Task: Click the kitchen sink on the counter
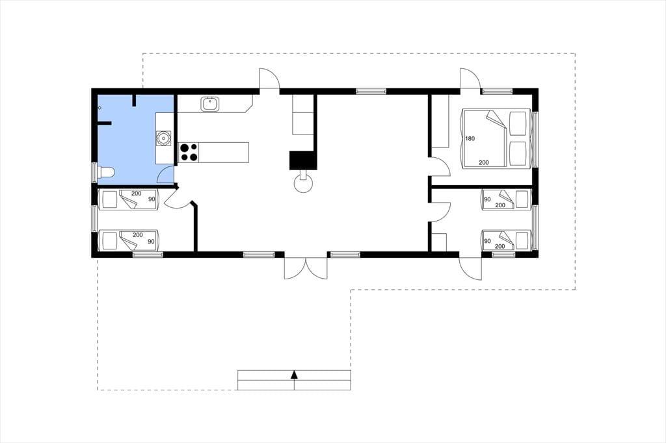[210, 104]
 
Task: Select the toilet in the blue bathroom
[106, 172]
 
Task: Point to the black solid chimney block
[303, 160]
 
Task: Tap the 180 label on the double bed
[470, 139]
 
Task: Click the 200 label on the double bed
[484, 162]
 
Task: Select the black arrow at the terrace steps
[294, 374]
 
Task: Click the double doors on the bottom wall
[306, 268]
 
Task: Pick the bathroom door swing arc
[166, 174]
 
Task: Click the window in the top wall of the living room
[371, 91]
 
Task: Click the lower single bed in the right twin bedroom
[506, 240]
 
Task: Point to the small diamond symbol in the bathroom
[100, 108]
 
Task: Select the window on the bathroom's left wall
[94, 173]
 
